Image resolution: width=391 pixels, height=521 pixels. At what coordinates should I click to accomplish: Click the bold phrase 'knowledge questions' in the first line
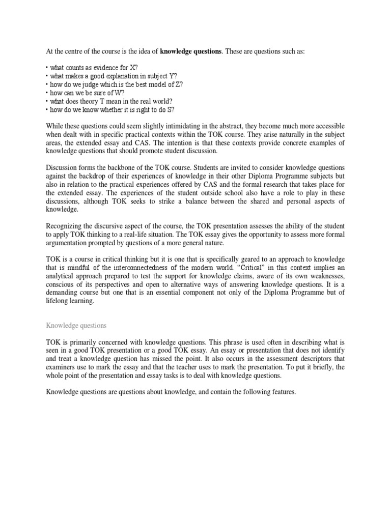191,52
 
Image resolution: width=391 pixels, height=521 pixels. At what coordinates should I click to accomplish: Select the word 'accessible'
326,126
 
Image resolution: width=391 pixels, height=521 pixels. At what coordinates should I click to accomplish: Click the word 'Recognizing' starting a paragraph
66,225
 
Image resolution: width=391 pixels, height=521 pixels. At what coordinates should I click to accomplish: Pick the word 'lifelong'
58,301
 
